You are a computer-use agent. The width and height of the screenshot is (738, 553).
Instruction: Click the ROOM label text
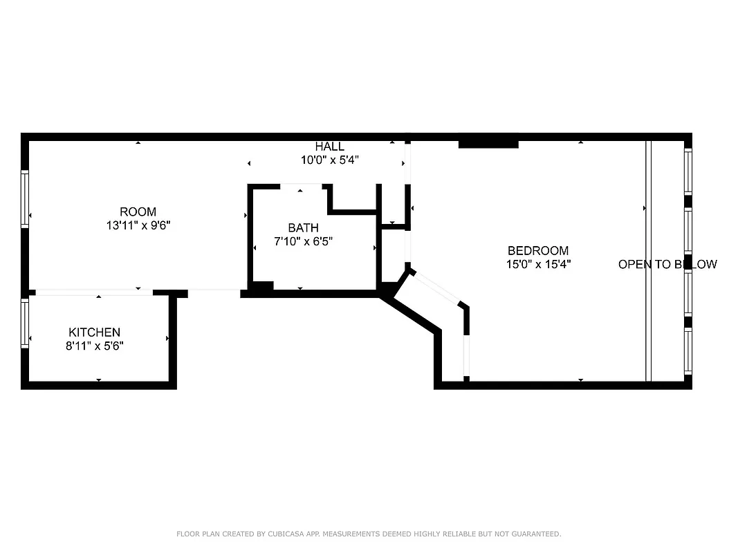coord(138,212)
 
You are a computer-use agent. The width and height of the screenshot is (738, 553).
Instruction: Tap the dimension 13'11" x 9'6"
coord(138,225)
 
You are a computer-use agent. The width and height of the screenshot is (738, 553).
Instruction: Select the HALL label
coord(329,147)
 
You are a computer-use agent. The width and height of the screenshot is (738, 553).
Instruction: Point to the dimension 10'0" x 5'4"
coord(329,160)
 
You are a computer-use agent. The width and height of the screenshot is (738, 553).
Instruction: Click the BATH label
coord(303,227)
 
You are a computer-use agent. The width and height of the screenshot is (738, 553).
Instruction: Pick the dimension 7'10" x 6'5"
coord(303,241)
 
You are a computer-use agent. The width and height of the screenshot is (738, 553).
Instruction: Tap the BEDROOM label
coord(537,251)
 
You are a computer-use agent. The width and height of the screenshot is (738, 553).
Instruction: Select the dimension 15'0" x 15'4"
coord(537,264)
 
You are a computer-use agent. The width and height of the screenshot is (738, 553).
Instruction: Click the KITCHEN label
coord(94,332)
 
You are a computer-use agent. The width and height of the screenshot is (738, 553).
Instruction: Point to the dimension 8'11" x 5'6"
coord(94,346)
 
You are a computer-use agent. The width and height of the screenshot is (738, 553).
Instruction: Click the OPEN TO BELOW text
coord(667,264)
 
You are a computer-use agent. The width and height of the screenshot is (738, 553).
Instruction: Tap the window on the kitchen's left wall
coord(25,322)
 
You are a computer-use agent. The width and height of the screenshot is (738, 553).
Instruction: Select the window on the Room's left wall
coord(25,199)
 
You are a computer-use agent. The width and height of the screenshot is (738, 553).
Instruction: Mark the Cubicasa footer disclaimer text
coord(369,534)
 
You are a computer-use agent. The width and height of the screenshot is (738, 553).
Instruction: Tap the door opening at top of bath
coord(301,185)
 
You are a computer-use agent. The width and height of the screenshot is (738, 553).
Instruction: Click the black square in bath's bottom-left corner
coord(261,287)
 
